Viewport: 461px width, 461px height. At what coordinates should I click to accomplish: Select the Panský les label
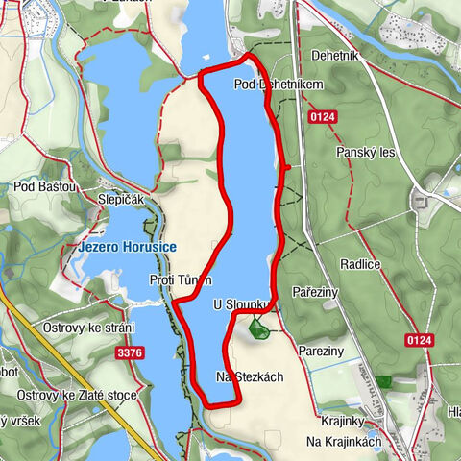click(x=365, y=152)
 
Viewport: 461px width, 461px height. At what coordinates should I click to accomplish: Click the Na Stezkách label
click(x=250, y=376)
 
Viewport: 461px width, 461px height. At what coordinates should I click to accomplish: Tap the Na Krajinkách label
click(x=344, y=441)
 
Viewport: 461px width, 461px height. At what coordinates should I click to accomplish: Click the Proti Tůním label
click(x=181, y=279)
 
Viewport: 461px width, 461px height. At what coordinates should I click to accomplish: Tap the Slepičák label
click(x=120, y=199)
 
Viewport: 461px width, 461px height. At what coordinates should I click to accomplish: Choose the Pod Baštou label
click(x=44, y=187)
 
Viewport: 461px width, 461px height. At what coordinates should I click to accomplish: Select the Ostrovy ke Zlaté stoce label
click(x=78, y=395)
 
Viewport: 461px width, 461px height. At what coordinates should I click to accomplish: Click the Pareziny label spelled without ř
click(x=320, y=352)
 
